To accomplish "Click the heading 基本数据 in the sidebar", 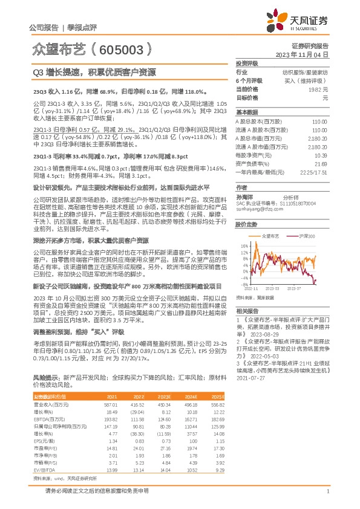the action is pos(245,112).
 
